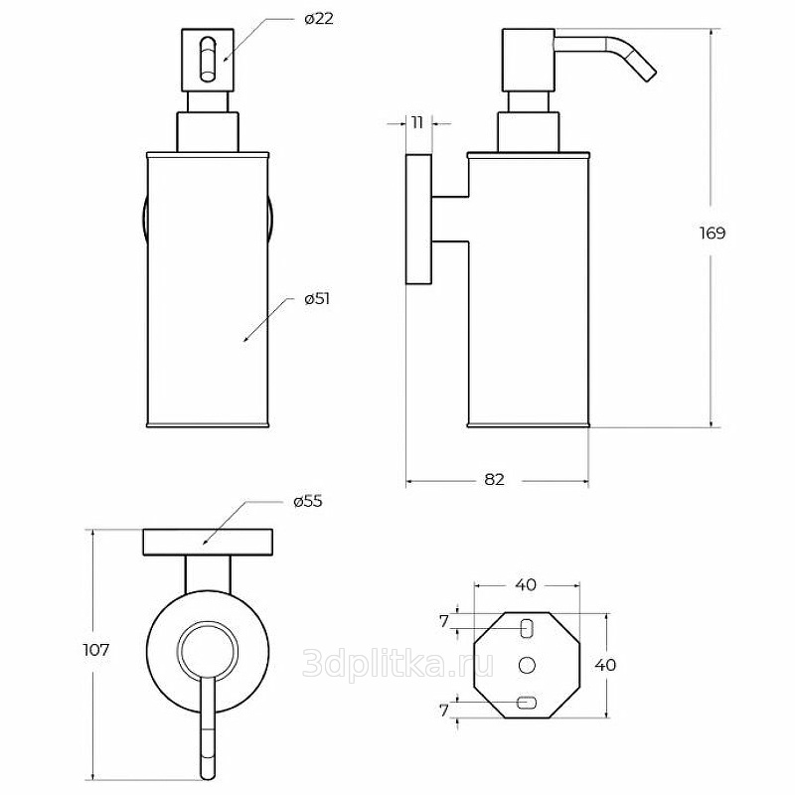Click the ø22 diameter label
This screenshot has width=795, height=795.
point(319,20)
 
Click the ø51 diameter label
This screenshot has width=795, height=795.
point(317,299)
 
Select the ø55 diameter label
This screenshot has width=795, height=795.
point(308,502)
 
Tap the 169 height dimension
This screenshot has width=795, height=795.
point(713,234)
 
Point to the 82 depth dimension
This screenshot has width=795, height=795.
point(494,479)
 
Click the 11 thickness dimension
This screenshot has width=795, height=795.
point(416,122)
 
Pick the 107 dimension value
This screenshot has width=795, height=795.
point(96,650)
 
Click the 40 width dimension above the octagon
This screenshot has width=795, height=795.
point(526,584)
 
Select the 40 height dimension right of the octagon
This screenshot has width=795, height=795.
point(605,665)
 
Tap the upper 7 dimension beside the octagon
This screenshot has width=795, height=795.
point(444,621)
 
